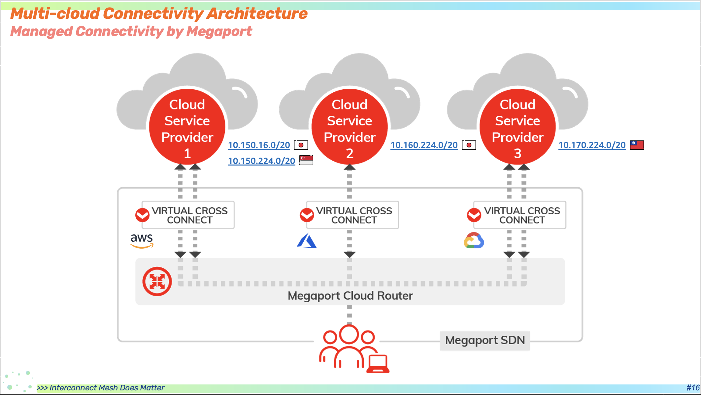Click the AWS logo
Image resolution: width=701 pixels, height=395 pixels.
point(142,240)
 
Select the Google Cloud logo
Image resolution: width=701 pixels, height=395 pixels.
point(474,240)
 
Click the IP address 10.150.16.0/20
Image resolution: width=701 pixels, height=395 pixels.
point(259,145)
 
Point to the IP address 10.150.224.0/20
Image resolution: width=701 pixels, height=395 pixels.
point(261,161)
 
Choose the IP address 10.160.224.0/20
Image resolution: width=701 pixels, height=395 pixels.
point(424,145)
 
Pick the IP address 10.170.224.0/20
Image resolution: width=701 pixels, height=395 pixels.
point(592,145)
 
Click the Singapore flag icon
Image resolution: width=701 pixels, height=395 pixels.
point(306,160)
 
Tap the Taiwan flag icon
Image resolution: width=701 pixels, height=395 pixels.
point(637,145)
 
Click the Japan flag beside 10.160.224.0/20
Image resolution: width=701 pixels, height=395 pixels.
point(469,145)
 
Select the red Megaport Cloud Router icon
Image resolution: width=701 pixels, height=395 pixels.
point(157,281)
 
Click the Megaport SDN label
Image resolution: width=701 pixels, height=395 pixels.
point(485,340)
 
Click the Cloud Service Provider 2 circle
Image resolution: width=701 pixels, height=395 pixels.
point(350,127)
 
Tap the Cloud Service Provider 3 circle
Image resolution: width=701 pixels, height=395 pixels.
point(517,127)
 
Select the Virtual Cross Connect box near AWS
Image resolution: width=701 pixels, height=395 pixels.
point(188,215)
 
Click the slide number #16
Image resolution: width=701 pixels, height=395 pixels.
point(693,388)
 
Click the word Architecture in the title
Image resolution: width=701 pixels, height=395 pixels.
point(257,14)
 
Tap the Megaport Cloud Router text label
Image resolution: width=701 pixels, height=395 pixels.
point(350,296)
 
